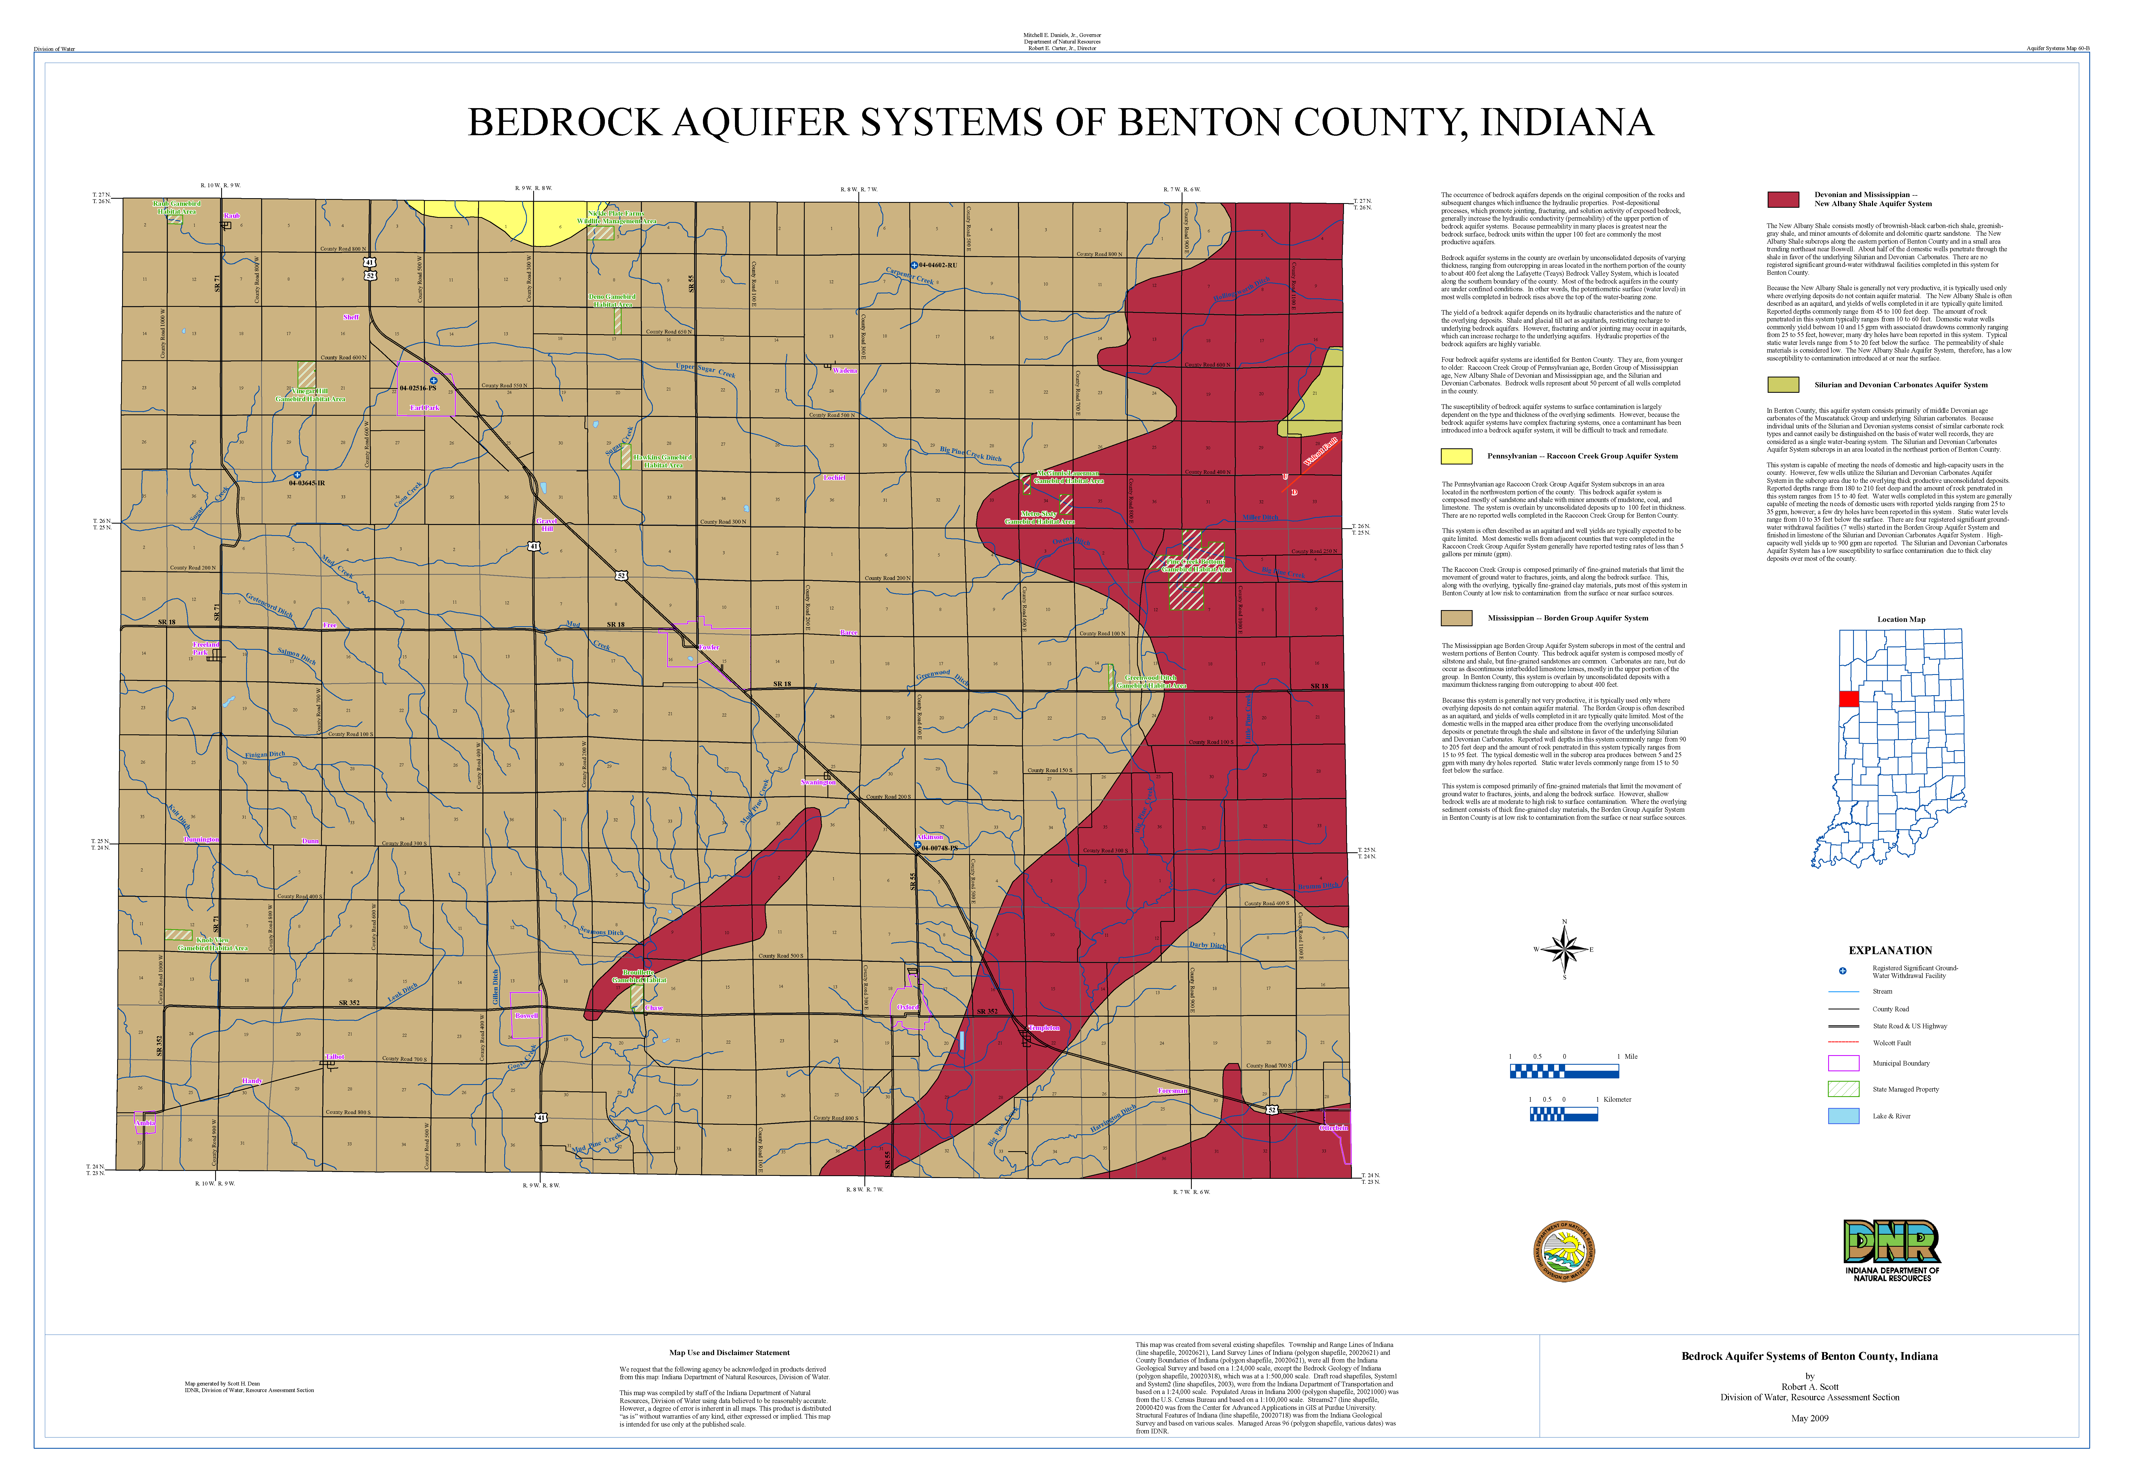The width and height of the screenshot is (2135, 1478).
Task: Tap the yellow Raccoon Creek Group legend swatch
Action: pyautogui.click(x=1455, y=456)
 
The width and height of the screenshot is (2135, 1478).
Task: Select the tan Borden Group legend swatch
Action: pyautogui.click(x=1455, y=618)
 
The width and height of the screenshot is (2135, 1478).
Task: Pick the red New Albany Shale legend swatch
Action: pyautogui.click(x=1782, y=199)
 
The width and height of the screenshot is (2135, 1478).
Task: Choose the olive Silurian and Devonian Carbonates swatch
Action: pyautogui.click(x=1782, y=384)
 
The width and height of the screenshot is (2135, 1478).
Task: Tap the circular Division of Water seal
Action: pyautogui.click(x=1564, y=1251)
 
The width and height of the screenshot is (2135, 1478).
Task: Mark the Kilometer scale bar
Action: pyautogui.click(x=1564, y=1115)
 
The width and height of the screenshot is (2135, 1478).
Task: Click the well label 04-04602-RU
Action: pyautogui.click(x=938, y=265)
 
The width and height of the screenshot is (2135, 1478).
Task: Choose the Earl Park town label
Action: pyautogui.click(x=425, y=408)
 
